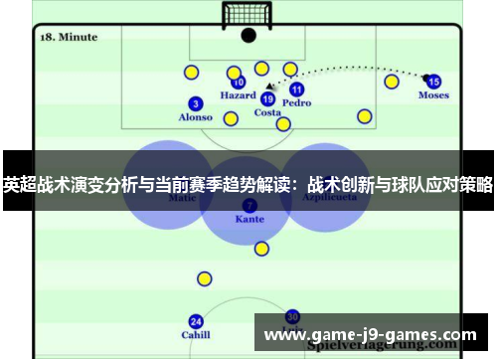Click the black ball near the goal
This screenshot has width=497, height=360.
coord(248,36)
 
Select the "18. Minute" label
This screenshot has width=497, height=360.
coord(70,37)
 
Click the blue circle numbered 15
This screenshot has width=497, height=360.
coord(433,82)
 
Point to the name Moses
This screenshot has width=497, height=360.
coord(433,96)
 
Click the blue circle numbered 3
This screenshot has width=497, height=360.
coord(196,103)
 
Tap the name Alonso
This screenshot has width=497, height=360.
coord(196,117)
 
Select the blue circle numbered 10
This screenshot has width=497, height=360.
coord(239,83)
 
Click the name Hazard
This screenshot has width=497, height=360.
coord(239,96)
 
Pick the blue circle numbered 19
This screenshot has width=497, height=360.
coord(267,98)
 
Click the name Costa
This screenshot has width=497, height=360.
coord(267,112)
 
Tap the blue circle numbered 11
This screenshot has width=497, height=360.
coord(296,90)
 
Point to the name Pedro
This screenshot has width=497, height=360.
coord(296,102)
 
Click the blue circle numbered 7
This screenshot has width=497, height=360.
coord(248,204)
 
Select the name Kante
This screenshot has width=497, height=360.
coord(248,218)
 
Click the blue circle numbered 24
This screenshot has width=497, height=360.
coord(196,321)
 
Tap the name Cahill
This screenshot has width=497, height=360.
coord(196,335)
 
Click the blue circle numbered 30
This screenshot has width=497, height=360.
coord(292,315)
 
